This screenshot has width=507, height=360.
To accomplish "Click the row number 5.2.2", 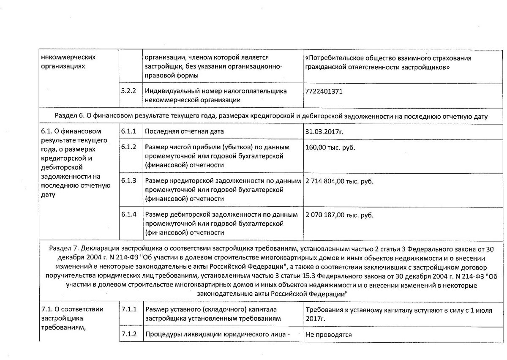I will tap(128, 91).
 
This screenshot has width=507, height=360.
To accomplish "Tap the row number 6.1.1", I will tap(128, 132).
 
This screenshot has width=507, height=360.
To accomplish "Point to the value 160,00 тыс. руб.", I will tap(330, 147).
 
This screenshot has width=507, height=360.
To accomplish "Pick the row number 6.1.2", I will tap(128, 147).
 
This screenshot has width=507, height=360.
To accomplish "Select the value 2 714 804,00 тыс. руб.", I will tap(339, 181).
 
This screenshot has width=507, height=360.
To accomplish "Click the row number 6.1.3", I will tap(128, 181).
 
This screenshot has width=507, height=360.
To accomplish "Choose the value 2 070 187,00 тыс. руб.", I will tap(339, 215).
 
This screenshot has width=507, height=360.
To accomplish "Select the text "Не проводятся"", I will tap(329, 335).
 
